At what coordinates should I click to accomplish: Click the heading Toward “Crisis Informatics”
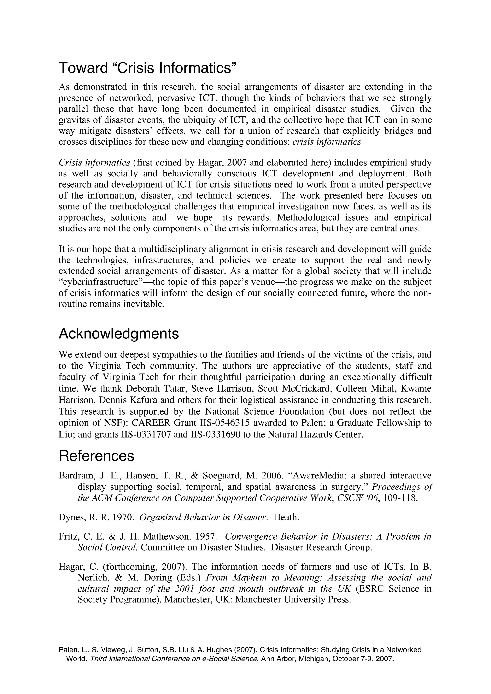point(147,68)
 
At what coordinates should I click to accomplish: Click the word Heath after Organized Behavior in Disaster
point(286,517)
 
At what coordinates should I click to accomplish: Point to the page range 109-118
point(400,498)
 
